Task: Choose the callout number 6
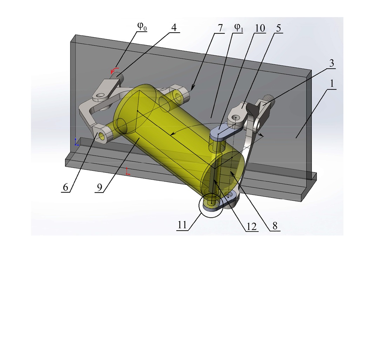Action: [65, 188]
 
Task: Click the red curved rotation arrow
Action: [115, 69]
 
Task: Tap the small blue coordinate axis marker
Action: [76, 142]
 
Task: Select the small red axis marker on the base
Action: [128, 172]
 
